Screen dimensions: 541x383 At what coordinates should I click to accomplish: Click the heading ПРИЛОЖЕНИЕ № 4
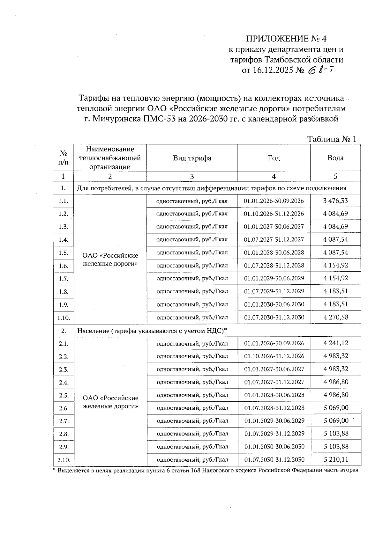pyautogui.click(x=286, y=39)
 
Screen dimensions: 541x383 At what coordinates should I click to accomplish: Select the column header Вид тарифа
pyautogui.click(x=192, y=158)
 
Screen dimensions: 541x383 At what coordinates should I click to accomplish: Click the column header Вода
pyautogui.click(x=335, y=158)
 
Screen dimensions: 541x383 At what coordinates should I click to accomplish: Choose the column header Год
pyautogui.click(x=274, y=158)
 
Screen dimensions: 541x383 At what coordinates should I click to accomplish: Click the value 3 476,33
pyautogui.click(x=335, y=201)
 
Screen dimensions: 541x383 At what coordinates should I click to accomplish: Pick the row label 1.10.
pyautogui.click(x=64, y=318)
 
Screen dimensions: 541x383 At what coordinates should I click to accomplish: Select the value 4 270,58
pyautogui.click(x=335, y=317)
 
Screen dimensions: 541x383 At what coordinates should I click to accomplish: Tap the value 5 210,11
pyautogui.click(x=335, y=459)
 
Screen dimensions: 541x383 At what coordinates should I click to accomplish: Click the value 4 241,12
pyautogui.click(x=335, y=343)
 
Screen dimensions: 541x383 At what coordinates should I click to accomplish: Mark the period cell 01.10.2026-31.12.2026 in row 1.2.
pyautogui.click(x=274, y=214)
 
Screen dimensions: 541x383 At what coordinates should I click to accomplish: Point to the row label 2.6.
pyautogui.click(x=64, y=408)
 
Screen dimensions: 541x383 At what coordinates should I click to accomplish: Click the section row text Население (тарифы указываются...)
pyautogui.click(x=152, y=331)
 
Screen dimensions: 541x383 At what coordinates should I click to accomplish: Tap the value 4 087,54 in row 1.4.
pyautogui.click(x=335, y=239)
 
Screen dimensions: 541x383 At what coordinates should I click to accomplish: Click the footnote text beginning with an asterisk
pyautogui.click(x=206, y=470)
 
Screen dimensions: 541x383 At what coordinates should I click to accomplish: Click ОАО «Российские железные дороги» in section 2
pyautogui.click(x=110, y=402)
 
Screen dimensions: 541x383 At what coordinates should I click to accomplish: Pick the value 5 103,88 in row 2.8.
pyautogui.click(x=335, y=434)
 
